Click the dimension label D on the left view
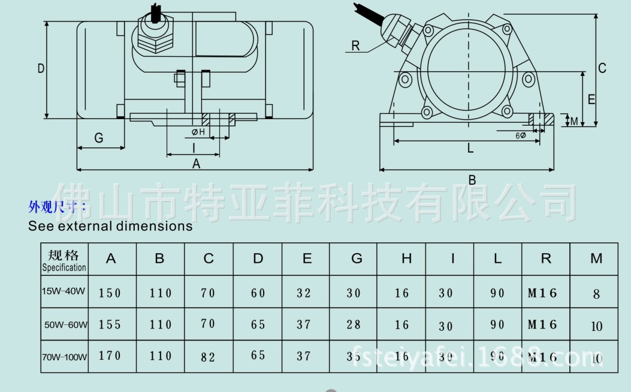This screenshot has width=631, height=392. [x=41, y=68]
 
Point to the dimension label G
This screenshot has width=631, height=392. [x=99, y=138]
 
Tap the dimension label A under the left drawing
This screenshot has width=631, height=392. [x=196, y=163]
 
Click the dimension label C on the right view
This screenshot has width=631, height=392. [x=602, y=68]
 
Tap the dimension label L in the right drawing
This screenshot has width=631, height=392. [x=470, y=148]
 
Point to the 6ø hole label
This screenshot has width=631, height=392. [x=521, y=135]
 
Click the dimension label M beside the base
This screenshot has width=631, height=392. [x=573, y=121]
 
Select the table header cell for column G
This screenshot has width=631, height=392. [x=357, y=259]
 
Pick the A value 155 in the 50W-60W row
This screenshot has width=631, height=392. [x=110, y=324]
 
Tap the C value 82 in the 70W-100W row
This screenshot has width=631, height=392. [x=208, y=357]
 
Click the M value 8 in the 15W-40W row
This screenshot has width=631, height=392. [x=596, y=294]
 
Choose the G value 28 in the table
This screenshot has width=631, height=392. [x=354, y=324]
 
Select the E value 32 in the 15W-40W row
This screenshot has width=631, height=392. [x=304, y=293]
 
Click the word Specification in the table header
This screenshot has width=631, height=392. [x=64, y=268]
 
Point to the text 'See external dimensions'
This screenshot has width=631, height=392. [x=110, y=226]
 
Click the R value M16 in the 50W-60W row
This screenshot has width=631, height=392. [x=543, y=324]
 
